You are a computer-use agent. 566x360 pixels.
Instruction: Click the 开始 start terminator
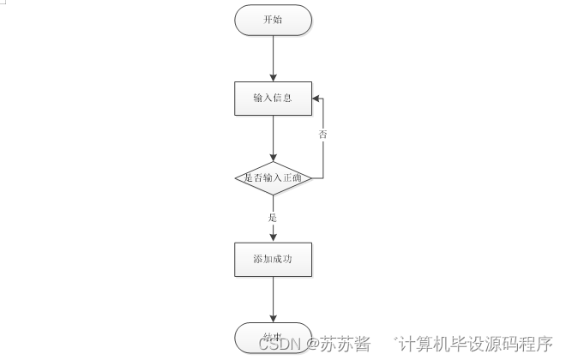pyautogui.click(x=273, y=21)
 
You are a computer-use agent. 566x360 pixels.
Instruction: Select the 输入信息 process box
pyautogui.click(x=273, y=98)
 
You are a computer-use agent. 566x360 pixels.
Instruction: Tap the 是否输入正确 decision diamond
pyautogui.click(x=273, y=178)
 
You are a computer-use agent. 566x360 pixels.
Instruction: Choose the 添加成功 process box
pyautogui.click(x=273, y=259)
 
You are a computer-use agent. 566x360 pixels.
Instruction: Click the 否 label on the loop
pyautogui.click(x=323, y=135)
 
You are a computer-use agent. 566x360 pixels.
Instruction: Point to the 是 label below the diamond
pyautogui.click(x=273, y=218)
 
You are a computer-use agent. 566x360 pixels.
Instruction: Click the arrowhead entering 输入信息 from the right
pyautogui.click(x=315, y=98)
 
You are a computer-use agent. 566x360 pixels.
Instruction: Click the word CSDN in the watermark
pyautogui.click(x=280, y=344)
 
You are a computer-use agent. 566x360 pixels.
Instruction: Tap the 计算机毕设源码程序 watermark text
pyautogui.click(x=474, y=344)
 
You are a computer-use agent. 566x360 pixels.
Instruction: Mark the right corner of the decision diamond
pyautogui.click(x=310, y=178)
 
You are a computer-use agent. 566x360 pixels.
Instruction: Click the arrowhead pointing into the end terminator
pyautogui.click(x=273, y=319)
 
